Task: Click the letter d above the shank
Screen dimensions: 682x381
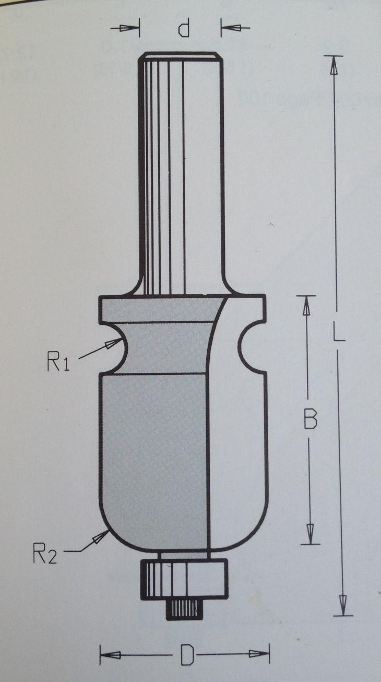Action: (183, 28)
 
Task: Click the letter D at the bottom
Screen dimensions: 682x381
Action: (186, 655)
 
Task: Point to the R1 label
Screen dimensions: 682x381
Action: (58, 362)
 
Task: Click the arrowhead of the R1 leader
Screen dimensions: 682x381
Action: (114, 344)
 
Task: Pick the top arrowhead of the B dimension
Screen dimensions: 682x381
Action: (306, 306)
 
